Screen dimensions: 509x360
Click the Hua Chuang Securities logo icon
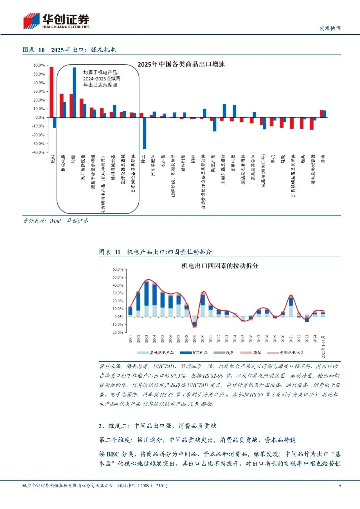tap(31, 21)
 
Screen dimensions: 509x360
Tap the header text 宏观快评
tap(330, 28)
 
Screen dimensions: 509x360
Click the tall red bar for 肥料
tap(51, 92)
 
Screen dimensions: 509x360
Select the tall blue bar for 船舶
tap(74, 92)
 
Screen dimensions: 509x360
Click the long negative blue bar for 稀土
tap(144, 133)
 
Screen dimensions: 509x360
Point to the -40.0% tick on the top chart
tap(38, 152)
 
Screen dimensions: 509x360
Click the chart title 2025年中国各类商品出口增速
tap(181, 64)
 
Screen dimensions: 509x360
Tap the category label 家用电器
tap(233, 163)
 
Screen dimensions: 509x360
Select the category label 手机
tap(273, 159)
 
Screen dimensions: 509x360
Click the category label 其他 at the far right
tap(323, 159)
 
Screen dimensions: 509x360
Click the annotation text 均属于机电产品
tap(101, 72)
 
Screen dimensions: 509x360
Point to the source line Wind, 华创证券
tap(55, 221)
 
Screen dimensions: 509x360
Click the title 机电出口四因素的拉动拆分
tap(220, 266)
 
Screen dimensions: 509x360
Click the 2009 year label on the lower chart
tap(194, 339)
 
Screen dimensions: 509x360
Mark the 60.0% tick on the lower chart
tap(118, 269)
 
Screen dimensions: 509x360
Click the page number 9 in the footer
tap(340, 485)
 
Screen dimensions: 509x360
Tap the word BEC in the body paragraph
tap(113, 454)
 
